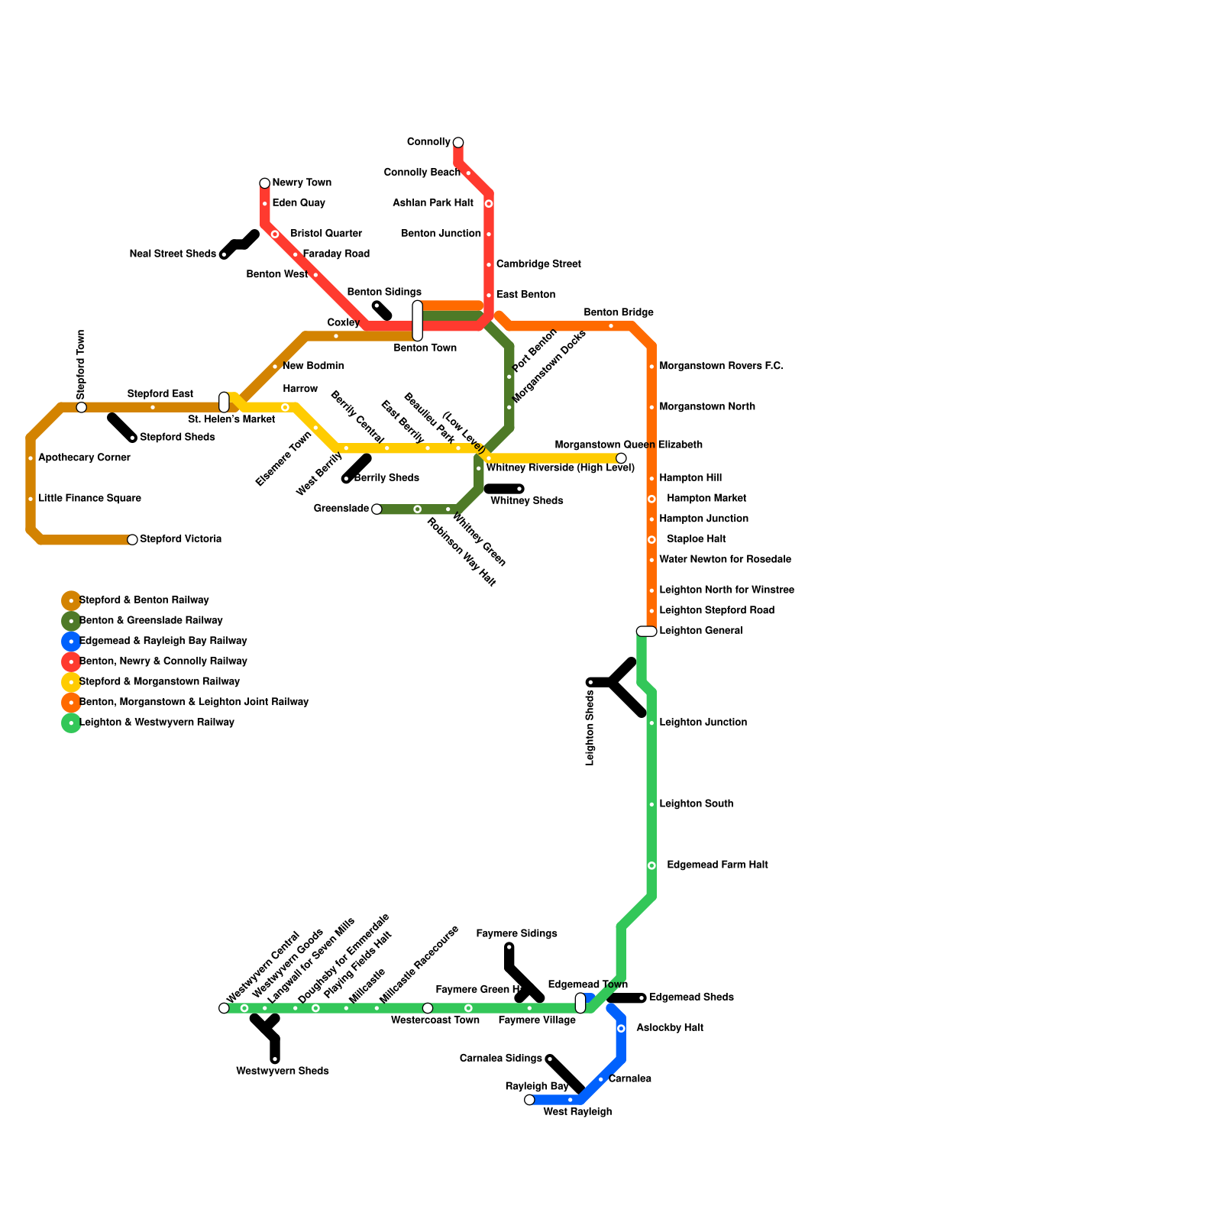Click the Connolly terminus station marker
click(458, 143)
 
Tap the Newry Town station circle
click(265, 183)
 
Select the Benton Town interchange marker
click(418, 321)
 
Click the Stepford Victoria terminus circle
click(133, 540)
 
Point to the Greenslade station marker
click(377, 509)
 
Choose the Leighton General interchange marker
click(646, 631)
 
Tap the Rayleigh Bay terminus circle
click(530, 1100)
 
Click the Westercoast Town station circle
click(428, 1008)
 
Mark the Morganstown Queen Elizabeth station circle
click(621, 458)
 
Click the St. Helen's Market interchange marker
click(224, 402)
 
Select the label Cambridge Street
click(538, 264)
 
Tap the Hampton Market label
click(706, 499)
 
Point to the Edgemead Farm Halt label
click(717, 865)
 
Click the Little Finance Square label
click(89, 499)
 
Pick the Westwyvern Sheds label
click(283, 1072)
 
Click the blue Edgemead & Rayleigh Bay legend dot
click(71, 642)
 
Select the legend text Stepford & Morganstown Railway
click(160, 682)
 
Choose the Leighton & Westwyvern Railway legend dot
click(71, 723)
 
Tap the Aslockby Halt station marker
click(621, 1029)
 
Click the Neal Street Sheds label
click(173, 254)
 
